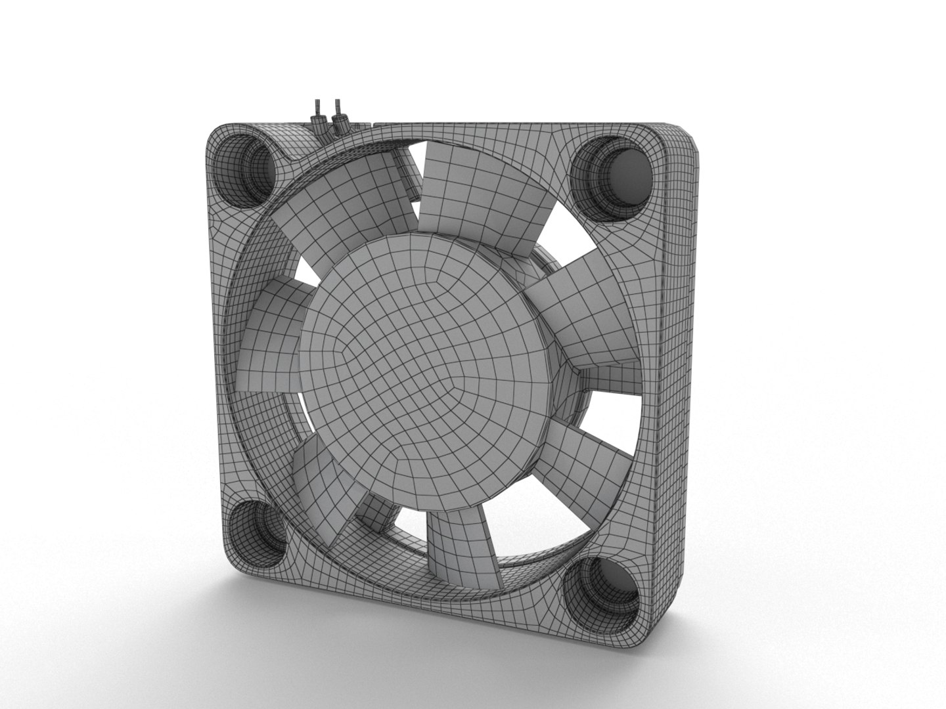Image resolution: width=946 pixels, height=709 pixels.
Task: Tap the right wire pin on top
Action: point(338,113)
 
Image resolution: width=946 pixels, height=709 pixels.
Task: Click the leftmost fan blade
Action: point(266,341)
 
